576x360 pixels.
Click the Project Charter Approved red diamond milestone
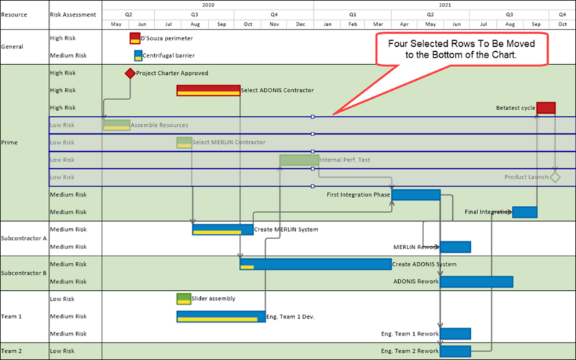(x=130, y=73)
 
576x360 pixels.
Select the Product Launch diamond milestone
(x=555, y=177)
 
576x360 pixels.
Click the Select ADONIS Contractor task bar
(x=208, y=91)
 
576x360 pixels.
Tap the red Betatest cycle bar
(x=546, y=108)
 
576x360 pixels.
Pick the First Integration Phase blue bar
(x=416, y=194)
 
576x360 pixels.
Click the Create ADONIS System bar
(x=315, y=264)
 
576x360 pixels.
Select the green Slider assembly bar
(x=184, y=299)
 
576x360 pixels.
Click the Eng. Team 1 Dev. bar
(x=221, y=317)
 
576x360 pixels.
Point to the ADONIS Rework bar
(x=477, y=282)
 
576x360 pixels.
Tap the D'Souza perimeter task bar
(x=135, y=38)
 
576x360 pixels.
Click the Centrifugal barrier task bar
(x=138, y=56)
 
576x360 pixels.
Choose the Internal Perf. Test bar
(x=299, y=160)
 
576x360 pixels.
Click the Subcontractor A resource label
(x=24, y=238)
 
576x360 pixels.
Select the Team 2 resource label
(x=12, y=351)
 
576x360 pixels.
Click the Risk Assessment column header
(x=73, y=14)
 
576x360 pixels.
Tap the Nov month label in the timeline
(x=274, y=24)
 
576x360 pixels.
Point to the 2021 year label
(x=445, y=5)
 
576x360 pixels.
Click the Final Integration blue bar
(x=525, y=212)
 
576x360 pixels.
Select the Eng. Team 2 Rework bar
(x=455, y=351)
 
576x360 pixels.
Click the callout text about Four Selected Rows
(x=462, y=49)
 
